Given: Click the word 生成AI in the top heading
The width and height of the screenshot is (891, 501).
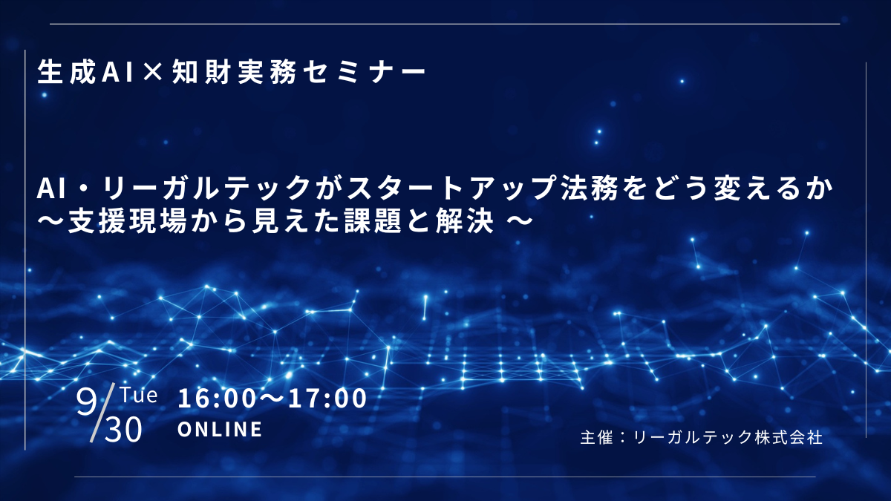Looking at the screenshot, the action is [x=85, y=73].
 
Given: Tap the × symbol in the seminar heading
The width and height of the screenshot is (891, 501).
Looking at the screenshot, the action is [x=153, y=73].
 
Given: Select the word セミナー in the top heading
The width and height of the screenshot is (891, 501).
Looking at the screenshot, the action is [x=364, y=73].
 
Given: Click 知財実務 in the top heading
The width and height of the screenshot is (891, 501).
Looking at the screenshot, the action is [x=235, y=73].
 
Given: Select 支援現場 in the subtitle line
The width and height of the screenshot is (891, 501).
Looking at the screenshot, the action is [x=127, y=221].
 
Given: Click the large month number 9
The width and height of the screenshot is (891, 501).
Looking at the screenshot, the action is [x=87, y=402].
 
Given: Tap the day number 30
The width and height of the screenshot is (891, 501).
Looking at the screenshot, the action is [x=123, y=430].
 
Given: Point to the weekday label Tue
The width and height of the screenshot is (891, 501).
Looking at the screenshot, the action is [x=139, y=395].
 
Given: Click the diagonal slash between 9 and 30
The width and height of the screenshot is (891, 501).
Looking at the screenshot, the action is [x=102, y=413].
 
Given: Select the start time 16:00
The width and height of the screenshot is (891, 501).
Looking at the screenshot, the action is [x=216, y=399].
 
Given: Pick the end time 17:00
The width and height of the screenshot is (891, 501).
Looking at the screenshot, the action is [x=327, y=399].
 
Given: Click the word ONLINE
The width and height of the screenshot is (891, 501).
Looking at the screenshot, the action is [x=220, y=430].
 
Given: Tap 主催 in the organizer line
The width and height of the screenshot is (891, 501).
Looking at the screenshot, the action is [x=595, y=437].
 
